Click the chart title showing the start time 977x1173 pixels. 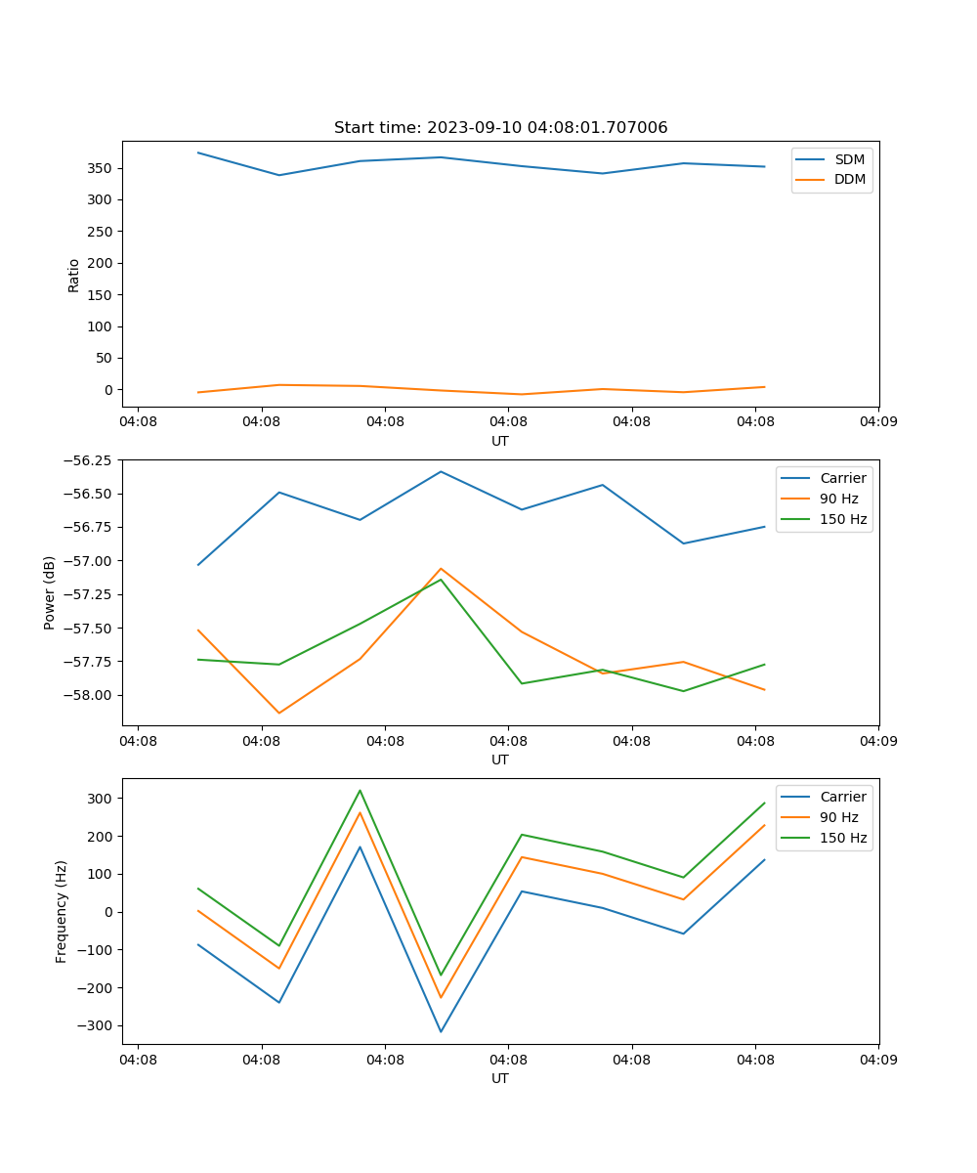(500, 128)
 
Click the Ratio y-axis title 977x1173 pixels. (74, 275)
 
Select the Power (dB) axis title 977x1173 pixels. (50, 592)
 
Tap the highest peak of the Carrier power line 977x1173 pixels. (441, 472)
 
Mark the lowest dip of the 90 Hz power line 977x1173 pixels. (279, 713)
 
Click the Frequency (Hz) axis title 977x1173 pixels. (62, 911)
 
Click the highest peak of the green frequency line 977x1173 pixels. (360, 791)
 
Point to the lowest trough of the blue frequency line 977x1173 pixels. (441, 1031)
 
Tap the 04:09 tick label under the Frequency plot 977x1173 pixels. (877, 1059)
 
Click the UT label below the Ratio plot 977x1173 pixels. (500, 441)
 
